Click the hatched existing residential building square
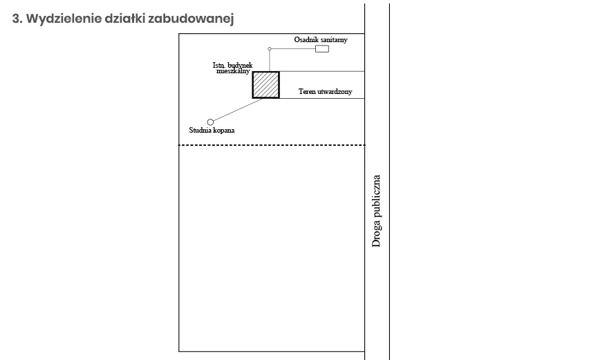pos(265,84)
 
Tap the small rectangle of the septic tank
pos(322,49)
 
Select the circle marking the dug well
pos(211,122)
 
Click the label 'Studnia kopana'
pos(212,130)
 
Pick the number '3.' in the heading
pos(18,19)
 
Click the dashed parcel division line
pos(272,145)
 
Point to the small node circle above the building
pos(270,49)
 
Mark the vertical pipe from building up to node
pos(270,61)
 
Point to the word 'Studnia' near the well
pos(200,130)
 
